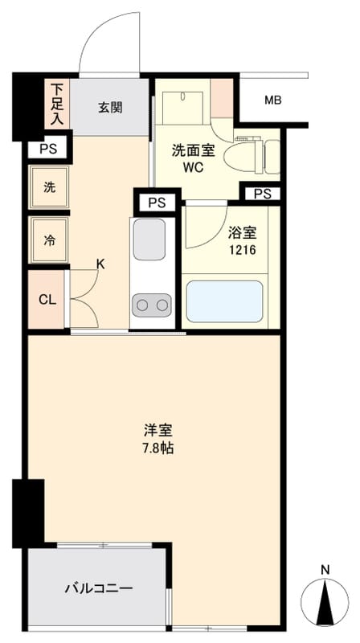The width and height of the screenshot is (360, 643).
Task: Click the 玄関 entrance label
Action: (110, 108)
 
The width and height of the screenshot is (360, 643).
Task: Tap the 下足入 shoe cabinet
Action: (57, 104)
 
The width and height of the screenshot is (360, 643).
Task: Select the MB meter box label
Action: (273, 100)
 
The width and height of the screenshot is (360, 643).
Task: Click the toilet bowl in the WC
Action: (242, 155)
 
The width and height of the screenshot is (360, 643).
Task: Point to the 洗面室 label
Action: (193, 151)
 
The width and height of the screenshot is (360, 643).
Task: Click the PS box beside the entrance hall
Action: (47, 149)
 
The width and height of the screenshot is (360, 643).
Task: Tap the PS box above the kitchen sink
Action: (157, 203)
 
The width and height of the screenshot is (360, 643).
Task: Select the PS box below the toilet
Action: (263, 194)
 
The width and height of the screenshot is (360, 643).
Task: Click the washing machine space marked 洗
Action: (49, 187)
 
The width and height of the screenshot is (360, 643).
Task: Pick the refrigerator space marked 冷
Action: (49, 240)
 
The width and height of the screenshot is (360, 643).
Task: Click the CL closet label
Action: (47, 300)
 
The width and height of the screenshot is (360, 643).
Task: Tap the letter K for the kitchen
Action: (100, 264)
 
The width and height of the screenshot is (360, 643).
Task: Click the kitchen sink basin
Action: (149, 240)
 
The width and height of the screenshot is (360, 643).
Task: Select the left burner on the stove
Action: (143, 305)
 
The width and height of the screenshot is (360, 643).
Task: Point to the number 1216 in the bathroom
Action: (242, 250)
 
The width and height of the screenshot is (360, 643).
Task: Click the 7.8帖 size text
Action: (157, 448)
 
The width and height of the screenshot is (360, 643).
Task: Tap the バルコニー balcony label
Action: (99, 589)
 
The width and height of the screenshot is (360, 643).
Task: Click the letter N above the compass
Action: (325, 570)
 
